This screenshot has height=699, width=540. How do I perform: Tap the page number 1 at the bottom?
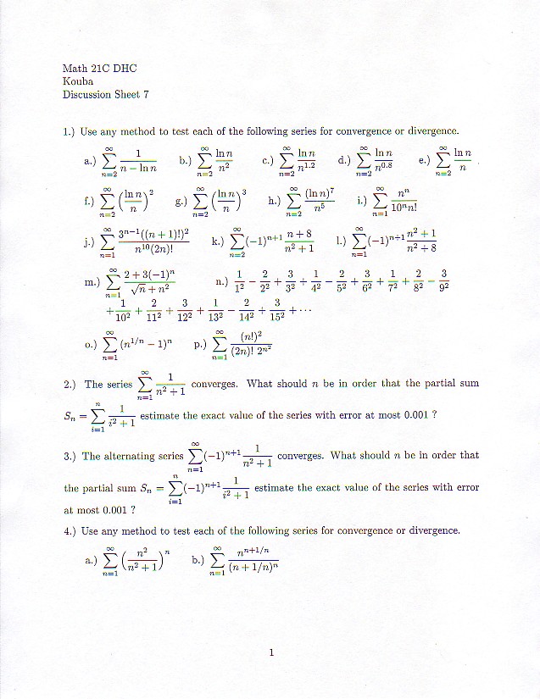(x=270, y=652)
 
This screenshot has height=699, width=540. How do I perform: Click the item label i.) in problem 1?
(x=362, y=202)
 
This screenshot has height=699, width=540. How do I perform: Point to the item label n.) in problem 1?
(x=222, y=282)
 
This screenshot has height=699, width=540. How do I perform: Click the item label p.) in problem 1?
(x=199, y=346)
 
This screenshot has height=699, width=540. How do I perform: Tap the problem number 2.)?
(x=71, y=385)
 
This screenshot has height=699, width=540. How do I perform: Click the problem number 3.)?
(x=71, y=456)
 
